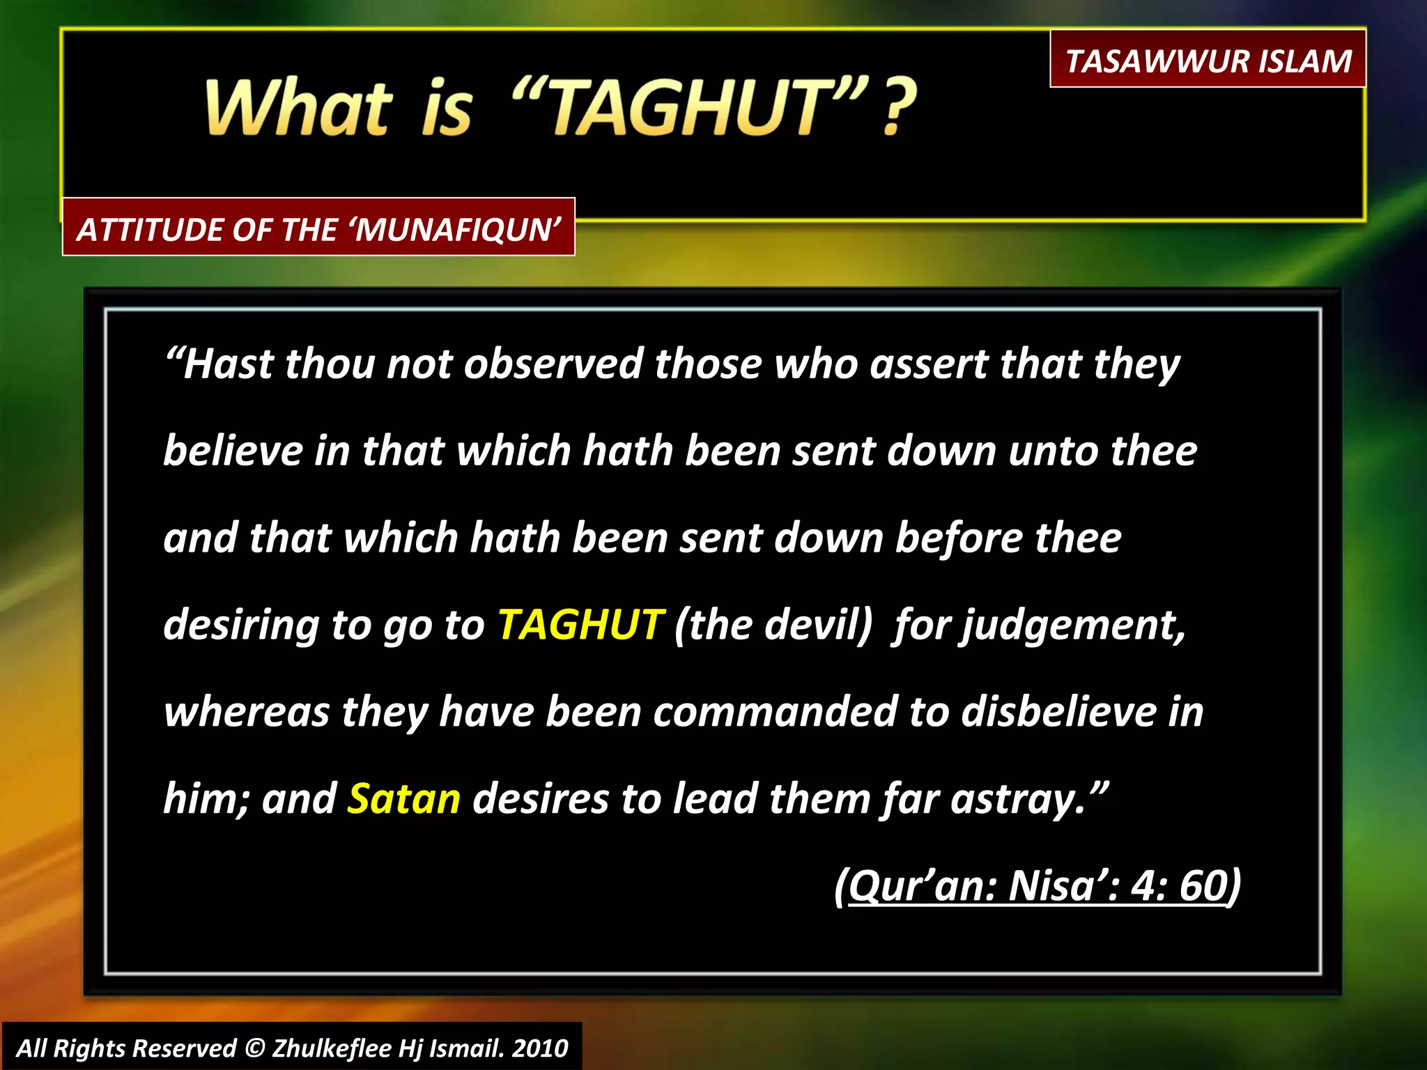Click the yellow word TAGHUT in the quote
click(580, 624)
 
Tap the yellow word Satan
click(404, 798)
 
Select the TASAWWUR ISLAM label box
click(1208, 60)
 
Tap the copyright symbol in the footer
click(254, 1048)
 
